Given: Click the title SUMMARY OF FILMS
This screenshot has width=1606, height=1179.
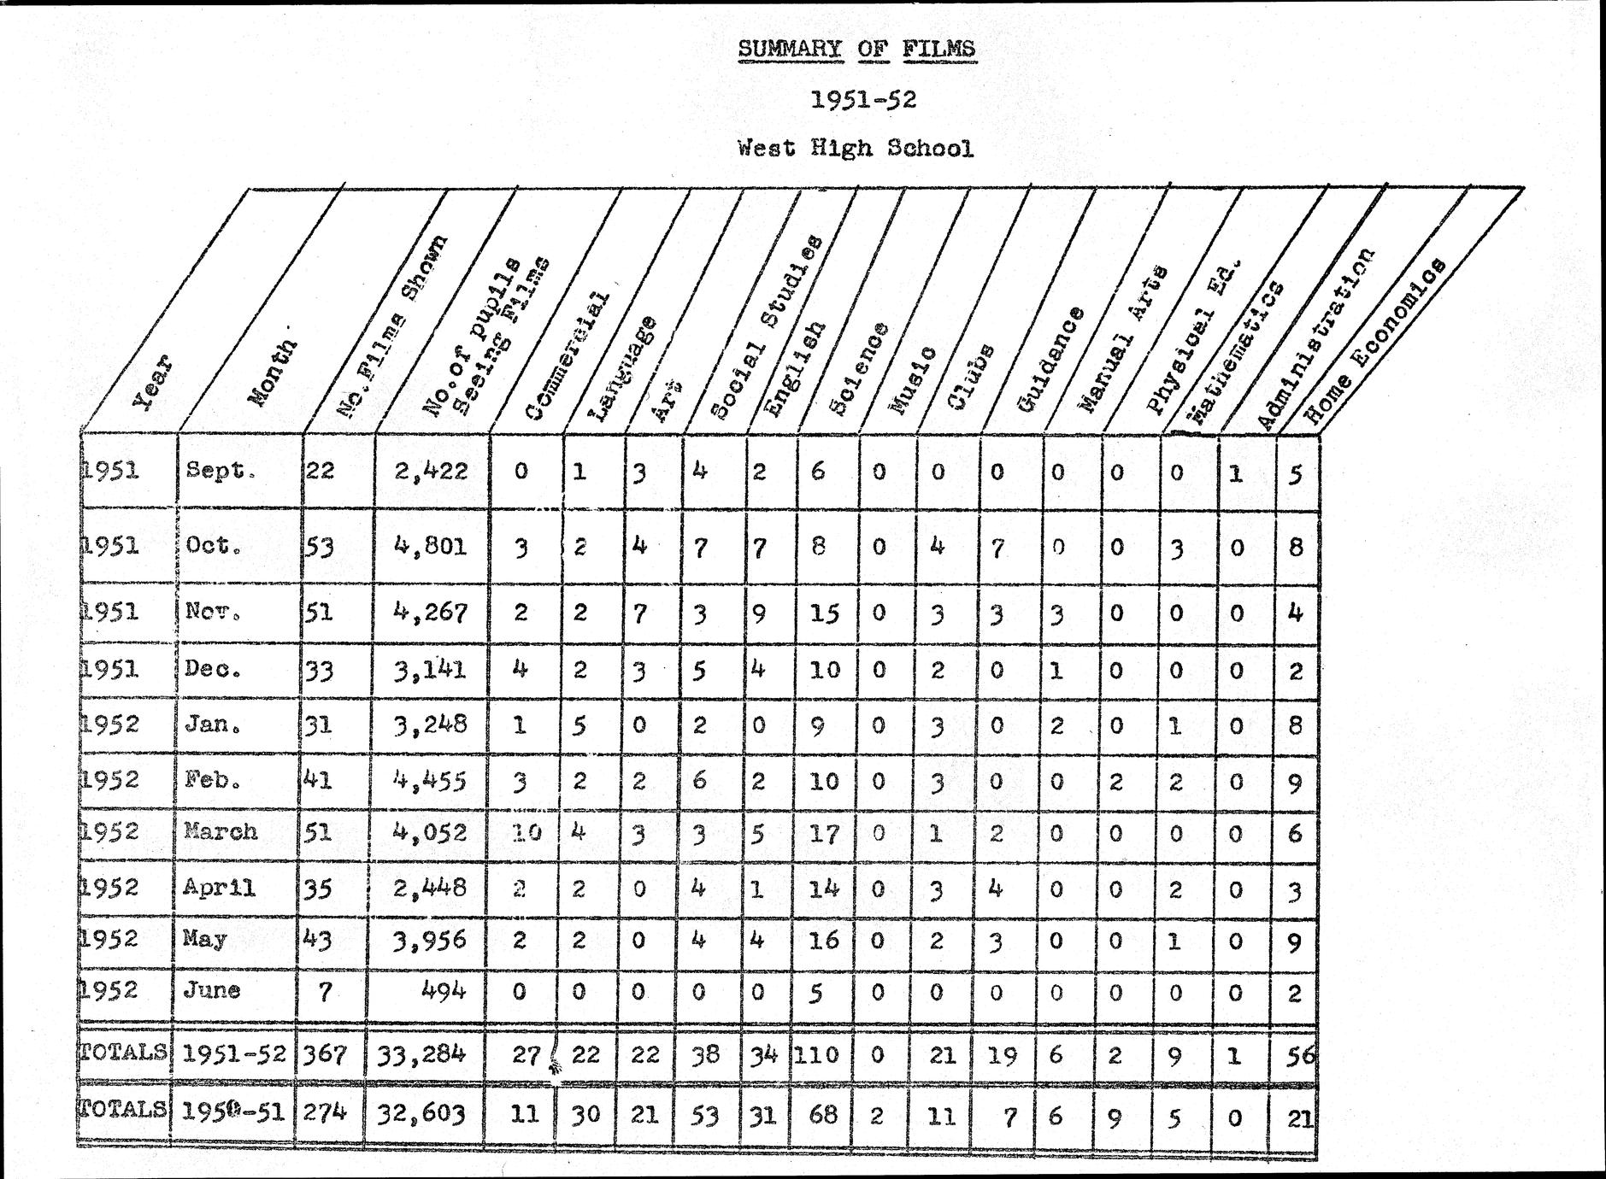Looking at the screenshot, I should [x=856, y=49].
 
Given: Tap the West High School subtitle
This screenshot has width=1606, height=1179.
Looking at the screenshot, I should [x=856, y=149].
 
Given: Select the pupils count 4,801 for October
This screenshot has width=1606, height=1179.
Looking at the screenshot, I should [x=431, y=545].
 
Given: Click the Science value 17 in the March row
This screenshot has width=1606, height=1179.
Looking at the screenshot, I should [x=824, y=832].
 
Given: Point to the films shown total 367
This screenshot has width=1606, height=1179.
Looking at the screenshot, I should [x=326, y=1054].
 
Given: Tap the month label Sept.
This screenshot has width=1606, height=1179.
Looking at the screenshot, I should [x=221, y=471].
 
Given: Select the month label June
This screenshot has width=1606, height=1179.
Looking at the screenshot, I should [x=211, y=991].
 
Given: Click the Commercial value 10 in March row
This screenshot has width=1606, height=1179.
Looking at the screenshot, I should [x=527, y=832].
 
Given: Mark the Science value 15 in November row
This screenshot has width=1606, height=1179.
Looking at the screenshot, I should [x=824, y=613].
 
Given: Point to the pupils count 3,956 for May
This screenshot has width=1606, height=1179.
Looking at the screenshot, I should [x=431, y=940].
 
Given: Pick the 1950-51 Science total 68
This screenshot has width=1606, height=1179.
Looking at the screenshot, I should [x=821, y=1114].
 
